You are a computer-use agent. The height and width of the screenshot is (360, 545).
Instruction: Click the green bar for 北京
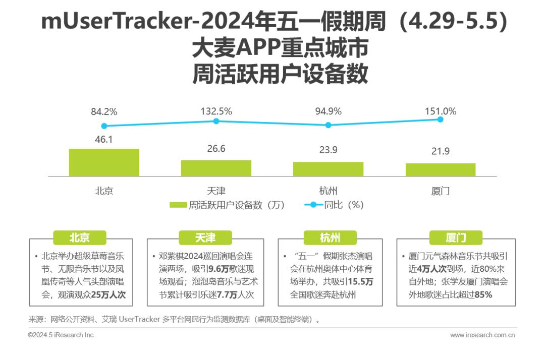pyautogui.click(x=104, y=162)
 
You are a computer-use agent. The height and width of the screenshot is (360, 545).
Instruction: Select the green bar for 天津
pyautogui.click(x=216, y=168)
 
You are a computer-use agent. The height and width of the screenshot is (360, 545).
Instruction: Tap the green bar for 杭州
pyautogui.click(x=329, y=169)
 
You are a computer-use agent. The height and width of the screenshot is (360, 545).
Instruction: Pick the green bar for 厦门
pyautogui.click(x=441, y=170)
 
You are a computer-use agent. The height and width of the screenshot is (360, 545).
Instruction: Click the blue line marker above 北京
pyautogui.click(x=104, y=126)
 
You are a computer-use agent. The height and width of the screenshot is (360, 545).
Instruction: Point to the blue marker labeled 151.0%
pyautogui.click(x=441, y=119)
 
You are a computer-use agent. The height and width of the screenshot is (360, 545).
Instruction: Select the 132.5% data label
pyautogui.click(x=216, y=111)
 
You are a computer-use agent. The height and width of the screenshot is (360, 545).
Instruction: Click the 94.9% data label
pyautogui.click(x=329, y=111)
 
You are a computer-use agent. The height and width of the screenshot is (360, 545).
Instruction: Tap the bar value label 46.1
pyautogui.click(x=103, y=140)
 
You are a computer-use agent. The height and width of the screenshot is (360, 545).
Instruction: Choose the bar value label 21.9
pyautogui.click(x=441, y=151)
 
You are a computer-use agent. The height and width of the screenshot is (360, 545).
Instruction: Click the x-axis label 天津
pyautogui.click(x=216, y=191)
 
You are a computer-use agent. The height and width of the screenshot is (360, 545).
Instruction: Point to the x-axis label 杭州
pyautogui.click(x=329, y=191)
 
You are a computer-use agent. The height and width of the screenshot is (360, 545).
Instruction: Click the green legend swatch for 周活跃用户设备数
pyautogui.click(x=178, y=205)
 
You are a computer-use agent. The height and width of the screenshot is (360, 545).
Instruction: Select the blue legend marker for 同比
pyautogui.click(x=313, y=205)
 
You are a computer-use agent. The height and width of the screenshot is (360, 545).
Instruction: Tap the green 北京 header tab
pyautogui.click(x=80, y=238)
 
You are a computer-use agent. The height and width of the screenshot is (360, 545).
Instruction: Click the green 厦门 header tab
pyautogui.click(x=456, y=238)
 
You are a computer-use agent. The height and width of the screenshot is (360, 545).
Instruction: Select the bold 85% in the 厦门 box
pyautogui.click(x=483, y=295)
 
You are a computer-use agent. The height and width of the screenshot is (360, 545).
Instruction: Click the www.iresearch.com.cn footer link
pyautogui.click(x=482, y=335)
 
